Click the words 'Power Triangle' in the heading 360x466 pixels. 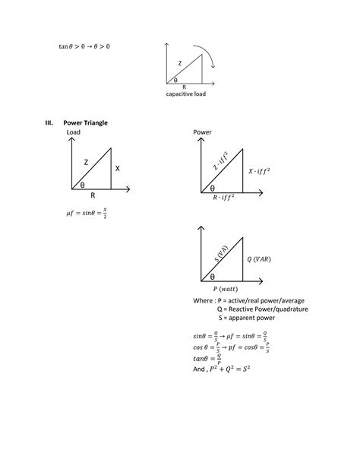(86, 122)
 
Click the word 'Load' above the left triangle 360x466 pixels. (74, 132)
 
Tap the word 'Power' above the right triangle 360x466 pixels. (201, 132)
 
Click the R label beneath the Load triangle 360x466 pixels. (92, 195)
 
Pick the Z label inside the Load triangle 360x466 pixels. (86, 162)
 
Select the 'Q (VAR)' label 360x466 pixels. (259, 258)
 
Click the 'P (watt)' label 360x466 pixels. (225, 289)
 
